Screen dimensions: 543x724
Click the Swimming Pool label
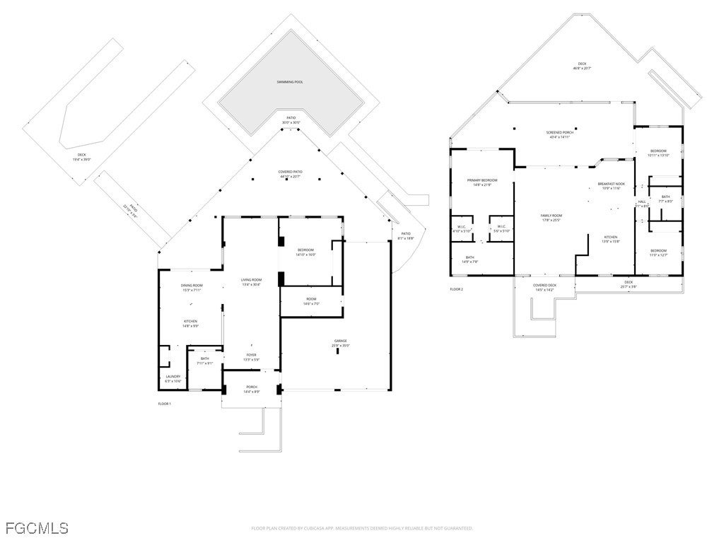point(290,82)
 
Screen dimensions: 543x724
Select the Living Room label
point(251,282)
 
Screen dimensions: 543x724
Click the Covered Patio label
point(290,173)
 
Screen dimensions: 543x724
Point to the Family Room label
point(551,217)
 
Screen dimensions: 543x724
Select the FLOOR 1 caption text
point(164,403)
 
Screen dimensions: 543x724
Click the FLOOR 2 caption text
point(456,289)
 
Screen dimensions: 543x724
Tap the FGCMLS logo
point(37,527)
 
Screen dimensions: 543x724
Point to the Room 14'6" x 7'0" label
point(312,300)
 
